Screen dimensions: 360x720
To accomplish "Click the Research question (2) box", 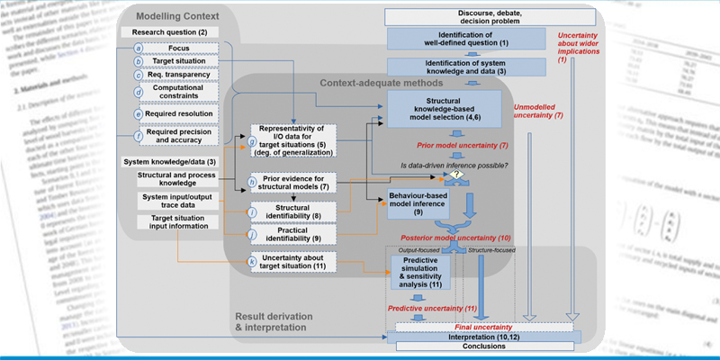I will tap(170, 32).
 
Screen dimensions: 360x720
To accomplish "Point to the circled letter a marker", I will tap(139, 47).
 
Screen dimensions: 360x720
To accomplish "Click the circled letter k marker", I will tap(253, 261).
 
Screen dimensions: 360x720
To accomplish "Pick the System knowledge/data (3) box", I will tap(170, 161).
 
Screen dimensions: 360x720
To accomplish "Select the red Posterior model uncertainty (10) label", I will tap(472, 236).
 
